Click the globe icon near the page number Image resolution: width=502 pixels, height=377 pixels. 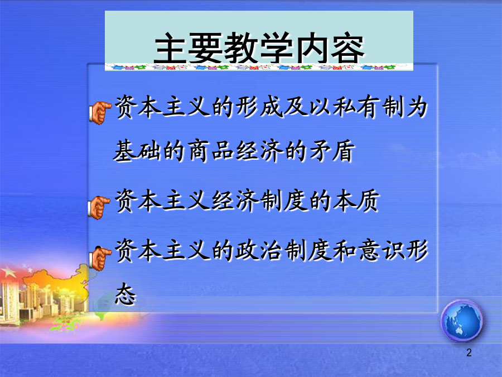(461, 321)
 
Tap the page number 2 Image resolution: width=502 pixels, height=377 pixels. (469, 352)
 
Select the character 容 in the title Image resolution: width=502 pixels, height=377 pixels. (347, 48)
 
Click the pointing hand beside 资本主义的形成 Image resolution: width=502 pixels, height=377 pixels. (100, 112)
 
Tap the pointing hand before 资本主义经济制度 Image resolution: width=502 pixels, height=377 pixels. (99, 208)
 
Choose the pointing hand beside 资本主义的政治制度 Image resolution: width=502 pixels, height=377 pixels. (100, 259)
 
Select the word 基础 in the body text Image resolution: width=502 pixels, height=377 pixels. (137, 151)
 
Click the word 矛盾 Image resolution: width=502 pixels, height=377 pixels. (332, 151)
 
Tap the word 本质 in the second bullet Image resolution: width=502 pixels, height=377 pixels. (356, 201)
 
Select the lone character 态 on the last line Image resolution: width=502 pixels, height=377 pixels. (125, 294)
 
